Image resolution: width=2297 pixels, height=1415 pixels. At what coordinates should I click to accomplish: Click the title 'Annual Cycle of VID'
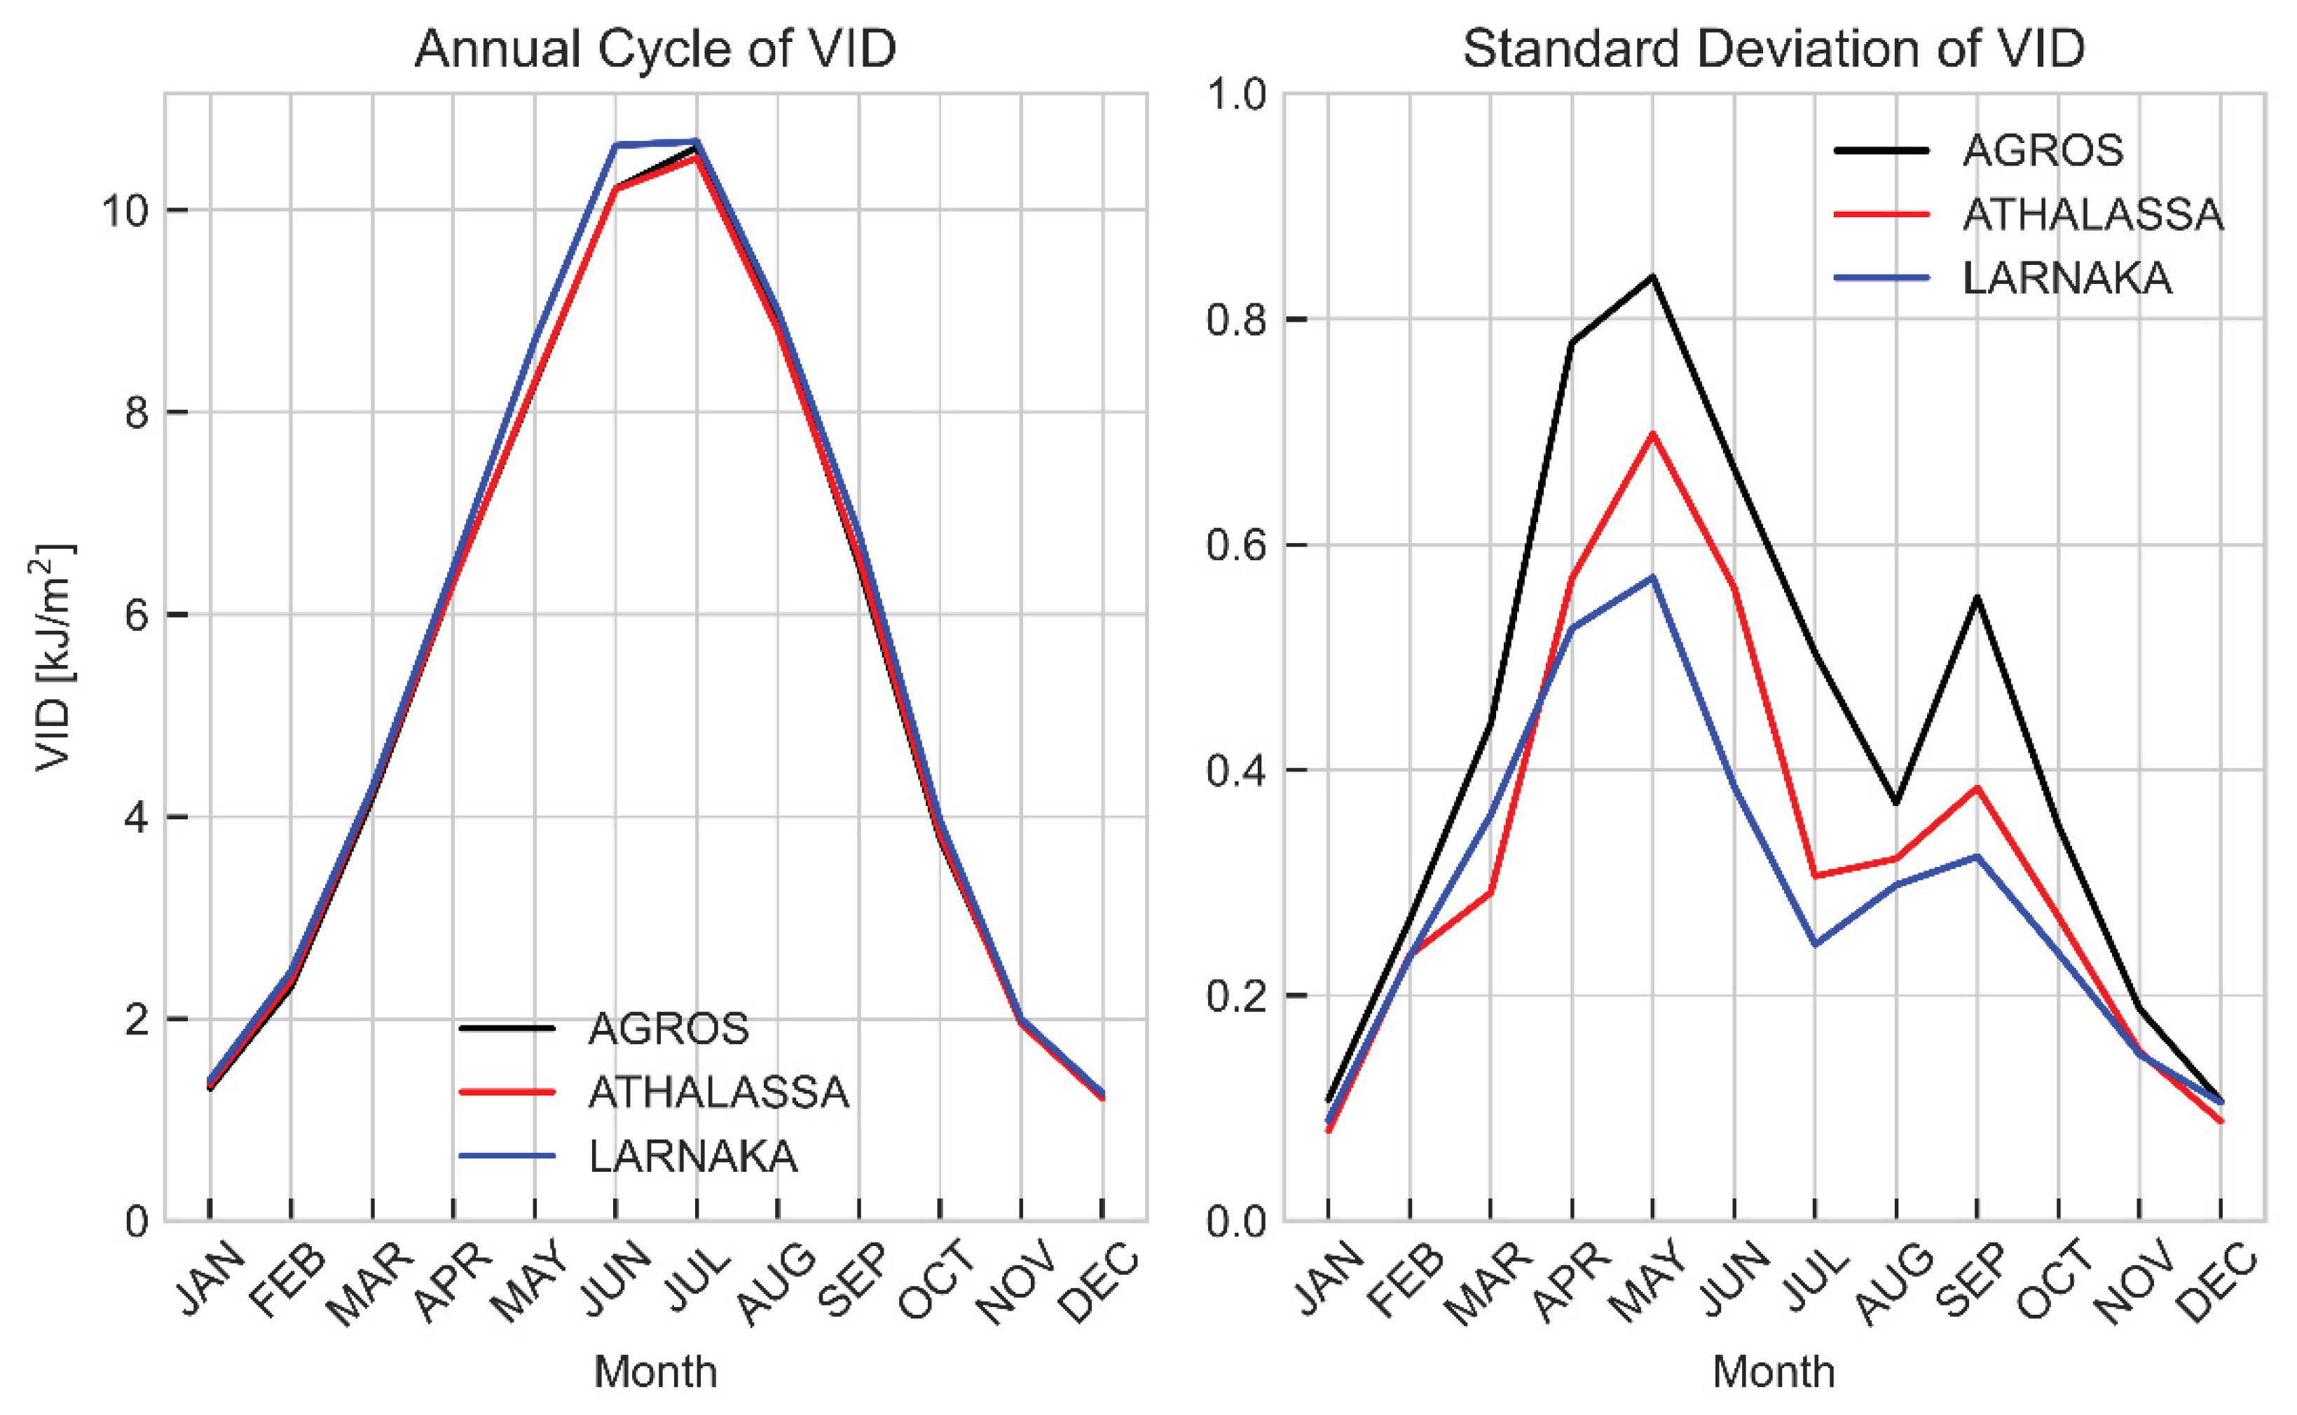click(655, 48)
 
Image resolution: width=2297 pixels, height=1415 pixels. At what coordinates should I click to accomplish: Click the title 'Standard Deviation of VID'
click(1773, 48)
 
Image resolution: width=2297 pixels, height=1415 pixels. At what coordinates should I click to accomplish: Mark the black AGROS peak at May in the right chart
click(1653, 276)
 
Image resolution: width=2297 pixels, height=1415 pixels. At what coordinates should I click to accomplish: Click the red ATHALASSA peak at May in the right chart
click(1653, 433)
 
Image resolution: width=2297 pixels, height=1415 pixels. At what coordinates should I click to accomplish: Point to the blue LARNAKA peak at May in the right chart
click(1653, 577)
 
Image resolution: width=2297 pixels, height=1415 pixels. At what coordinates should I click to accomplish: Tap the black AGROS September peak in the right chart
click(1977, 597)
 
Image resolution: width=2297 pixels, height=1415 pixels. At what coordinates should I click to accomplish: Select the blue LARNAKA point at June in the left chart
click(617, 145)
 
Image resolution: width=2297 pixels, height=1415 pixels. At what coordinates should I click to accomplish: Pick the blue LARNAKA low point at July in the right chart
click(1815, 944)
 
